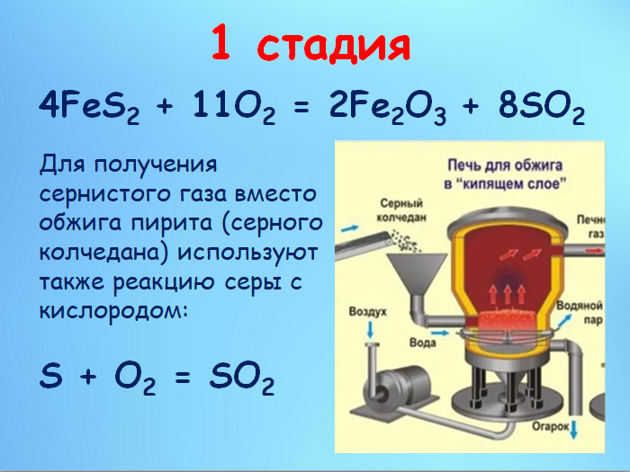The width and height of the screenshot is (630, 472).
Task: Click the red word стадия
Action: pyautogui.click(x=336, y=45)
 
